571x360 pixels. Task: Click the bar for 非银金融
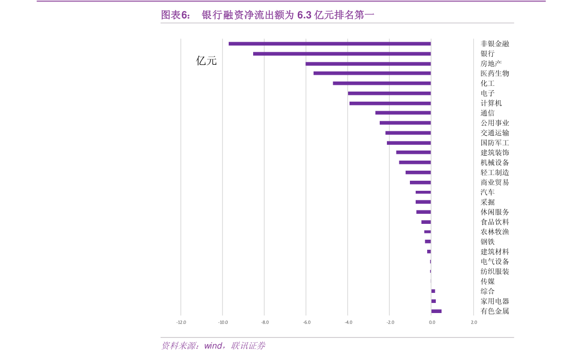(329, 44)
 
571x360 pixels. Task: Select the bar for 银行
(342, 54)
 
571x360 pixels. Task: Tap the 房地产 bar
(368, 64)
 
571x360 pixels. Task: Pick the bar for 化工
(382, 83)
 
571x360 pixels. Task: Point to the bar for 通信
(403, 113)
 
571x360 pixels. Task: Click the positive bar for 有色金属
(436, 311)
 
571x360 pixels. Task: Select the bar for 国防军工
(408, 143)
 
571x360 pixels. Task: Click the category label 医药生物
(495, 73)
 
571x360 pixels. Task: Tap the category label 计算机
(491, 103)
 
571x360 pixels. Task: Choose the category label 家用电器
(495, 301)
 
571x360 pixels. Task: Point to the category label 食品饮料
(495, 222)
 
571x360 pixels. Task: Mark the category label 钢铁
(488, 242)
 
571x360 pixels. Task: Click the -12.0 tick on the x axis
(181, 322)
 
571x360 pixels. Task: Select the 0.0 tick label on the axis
(431, 322)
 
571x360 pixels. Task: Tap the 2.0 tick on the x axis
(474, 322)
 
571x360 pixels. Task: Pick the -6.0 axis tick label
(306, 322)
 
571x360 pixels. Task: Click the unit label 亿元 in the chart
(206, 61)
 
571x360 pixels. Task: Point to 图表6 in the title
(174, 15)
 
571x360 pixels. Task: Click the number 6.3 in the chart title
(304, 15)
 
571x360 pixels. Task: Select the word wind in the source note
(213, 346)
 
